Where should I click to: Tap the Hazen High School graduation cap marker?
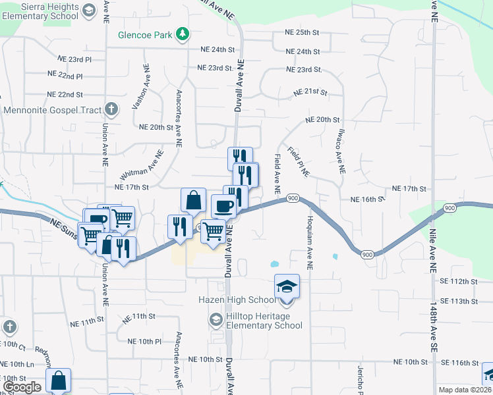(287, 286)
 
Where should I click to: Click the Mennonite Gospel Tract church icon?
(112, 109)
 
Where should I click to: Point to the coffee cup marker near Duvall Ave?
(223, 206)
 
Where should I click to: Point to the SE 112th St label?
(459, 281)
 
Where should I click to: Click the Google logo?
(22, 386)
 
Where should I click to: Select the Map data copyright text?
(464, 390)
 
